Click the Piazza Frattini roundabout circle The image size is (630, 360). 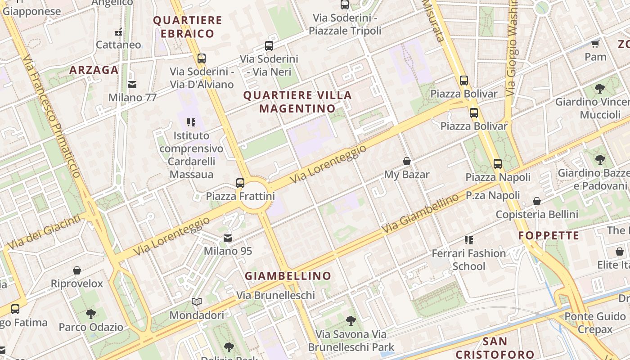254,196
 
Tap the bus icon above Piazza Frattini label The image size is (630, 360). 240,183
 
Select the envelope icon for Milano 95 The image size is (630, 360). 228,238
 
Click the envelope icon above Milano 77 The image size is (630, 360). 132,84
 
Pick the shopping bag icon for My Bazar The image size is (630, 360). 407,161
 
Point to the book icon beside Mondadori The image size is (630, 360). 196,301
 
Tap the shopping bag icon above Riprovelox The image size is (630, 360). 77,270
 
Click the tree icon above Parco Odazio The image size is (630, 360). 90,313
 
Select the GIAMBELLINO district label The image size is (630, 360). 288,276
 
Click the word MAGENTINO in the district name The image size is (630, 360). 297,108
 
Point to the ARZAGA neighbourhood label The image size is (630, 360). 94,70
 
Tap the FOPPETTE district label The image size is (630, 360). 549,235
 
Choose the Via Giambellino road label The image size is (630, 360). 420,213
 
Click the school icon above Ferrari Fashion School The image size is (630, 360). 469,240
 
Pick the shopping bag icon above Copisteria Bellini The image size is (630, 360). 537,201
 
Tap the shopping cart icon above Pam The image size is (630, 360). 595,44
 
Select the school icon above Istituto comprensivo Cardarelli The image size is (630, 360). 191,122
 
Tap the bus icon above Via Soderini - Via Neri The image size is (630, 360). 269,45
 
